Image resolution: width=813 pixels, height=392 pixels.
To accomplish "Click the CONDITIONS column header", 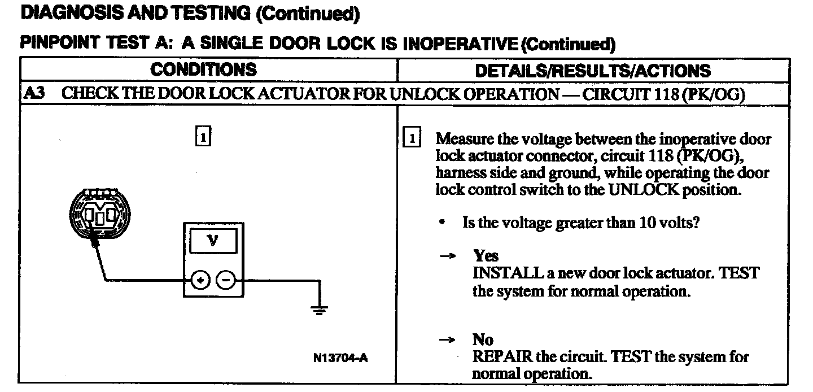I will [x=203, y=70].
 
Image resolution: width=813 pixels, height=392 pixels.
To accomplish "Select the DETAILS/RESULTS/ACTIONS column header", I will [x=593, y=71].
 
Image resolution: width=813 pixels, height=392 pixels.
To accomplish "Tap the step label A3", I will [x=34, y=94].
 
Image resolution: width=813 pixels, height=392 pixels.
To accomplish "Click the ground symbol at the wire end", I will [x=320, y=309].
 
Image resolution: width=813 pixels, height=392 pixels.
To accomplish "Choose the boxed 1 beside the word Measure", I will [x=413, y=139].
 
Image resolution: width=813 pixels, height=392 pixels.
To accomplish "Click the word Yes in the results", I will [x=486, y=256].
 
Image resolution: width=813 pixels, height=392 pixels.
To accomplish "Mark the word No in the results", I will [x=483, y=340].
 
